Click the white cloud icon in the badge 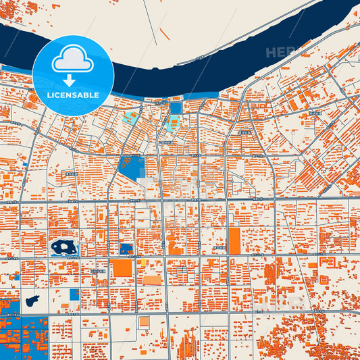(x=72, y=59)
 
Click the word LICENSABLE (x=72, y=95)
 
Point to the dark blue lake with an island (x=64, y=248)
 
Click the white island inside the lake (x=65, y=247)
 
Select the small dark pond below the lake (x=32, y=300)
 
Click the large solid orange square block (x=122, y=268)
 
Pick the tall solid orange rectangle (x=234, y=240)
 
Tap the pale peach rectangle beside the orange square (x=152, y=280)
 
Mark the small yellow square (x=143, y=262)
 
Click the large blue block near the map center (x=131, y=168)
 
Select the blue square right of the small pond (x=74, y=294)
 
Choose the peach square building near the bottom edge (x=144, y=322)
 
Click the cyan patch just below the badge (x=128, y=117)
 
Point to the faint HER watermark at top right (x=280, y=52)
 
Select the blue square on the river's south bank (x=176, y=107)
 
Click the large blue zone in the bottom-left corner (x=24, y=334)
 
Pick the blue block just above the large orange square (x=126, y=249)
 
